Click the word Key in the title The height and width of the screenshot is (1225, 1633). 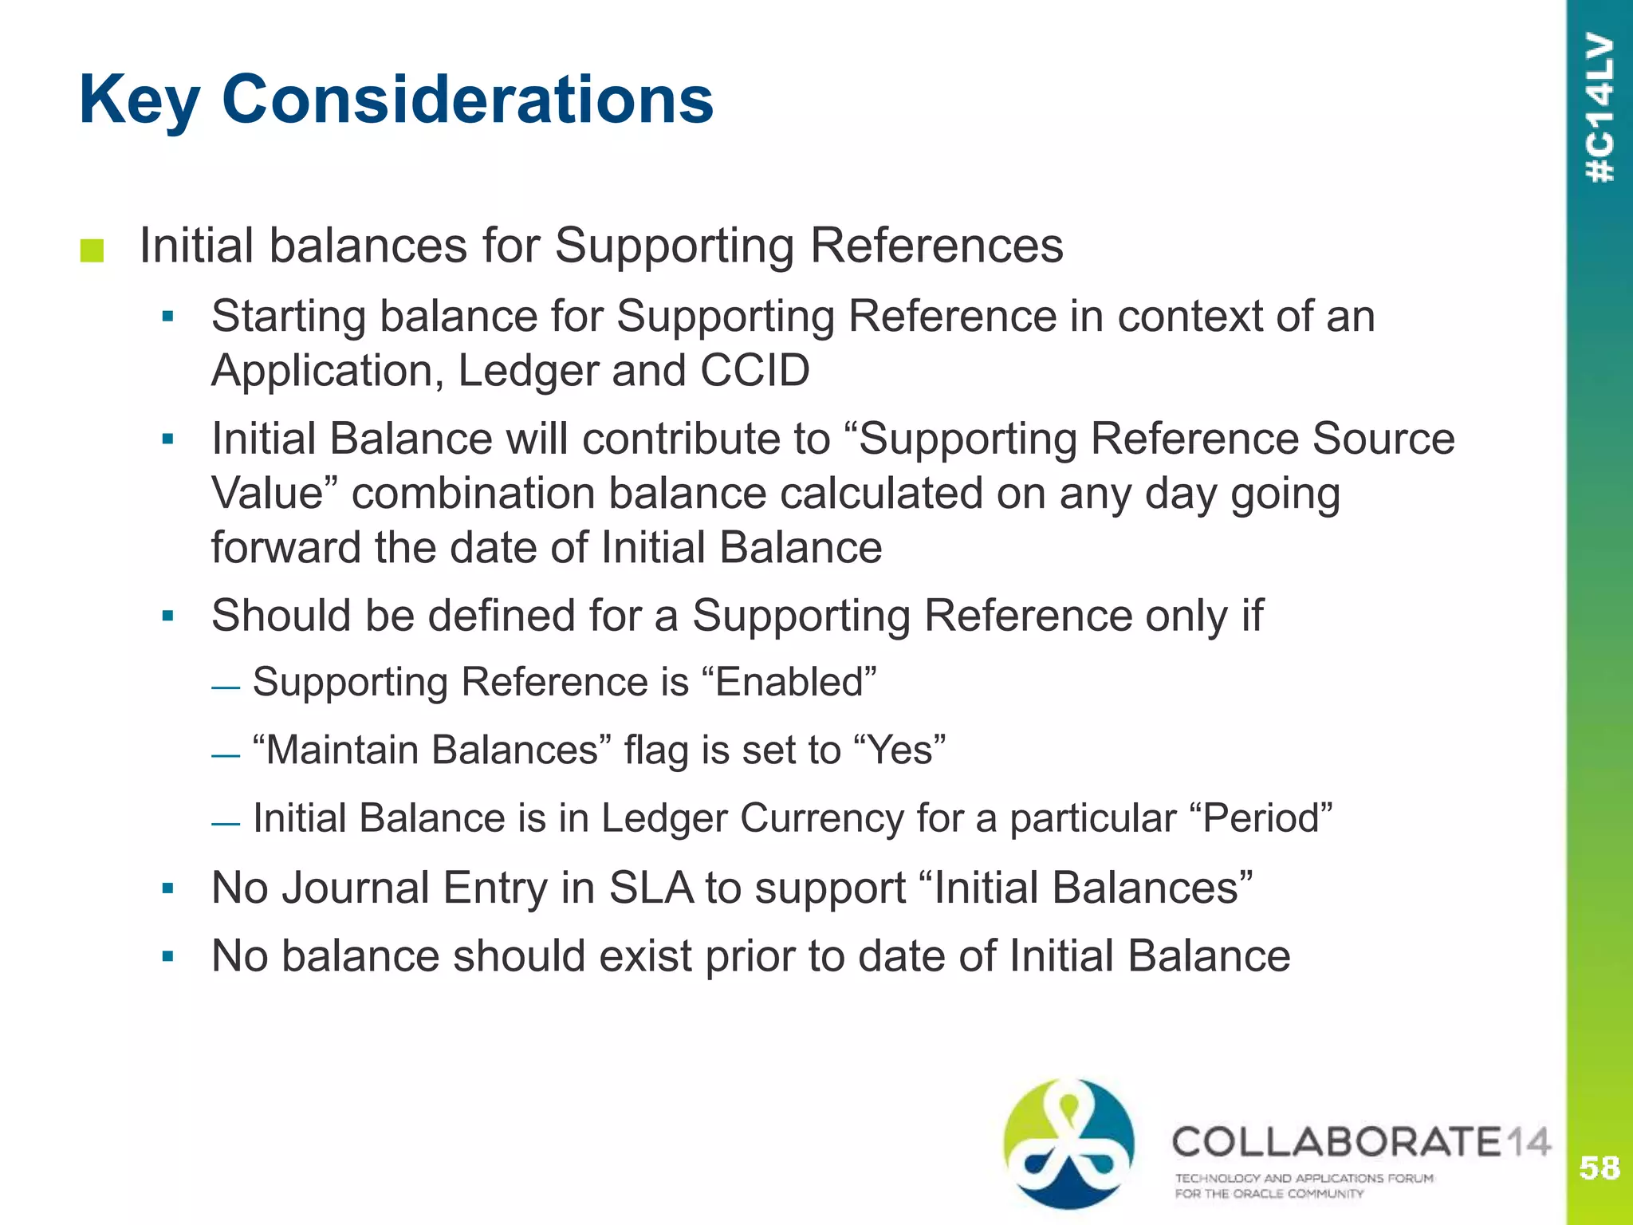pos(140,100)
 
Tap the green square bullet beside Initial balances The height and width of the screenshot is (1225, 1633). pos(92,250)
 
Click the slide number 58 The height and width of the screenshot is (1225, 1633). pos(1599,1168)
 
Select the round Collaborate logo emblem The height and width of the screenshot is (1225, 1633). pos(1068,1142)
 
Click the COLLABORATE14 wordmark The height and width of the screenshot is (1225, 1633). pos(1360,1142)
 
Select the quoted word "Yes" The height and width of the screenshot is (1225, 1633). pos(899,750)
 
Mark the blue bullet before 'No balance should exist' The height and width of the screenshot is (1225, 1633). pos(167,956)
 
